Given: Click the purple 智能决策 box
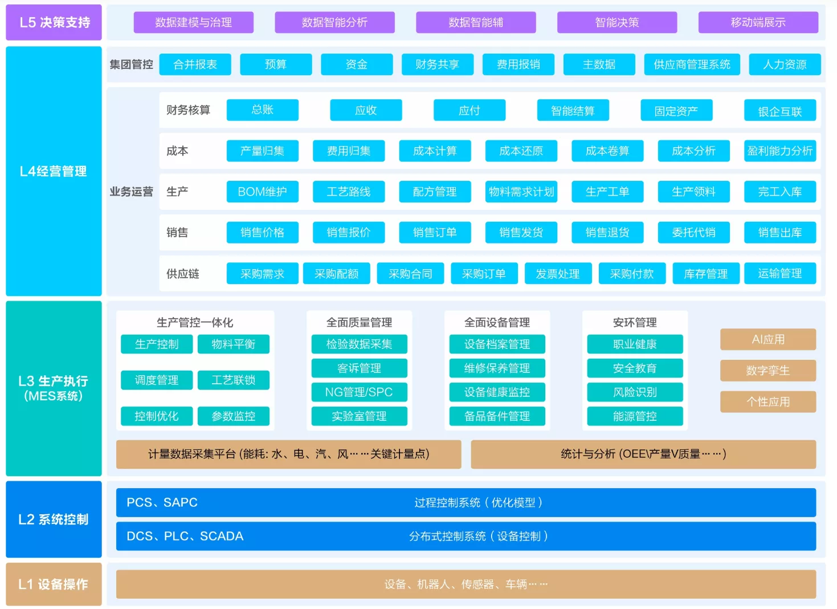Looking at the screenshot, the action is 617,22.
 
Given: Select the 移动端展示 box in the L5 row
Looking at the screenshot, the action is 758,22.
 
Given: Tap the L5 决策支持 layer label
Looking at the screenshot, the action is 54,22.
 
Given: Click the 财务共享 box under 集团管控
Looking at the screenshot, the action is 438,64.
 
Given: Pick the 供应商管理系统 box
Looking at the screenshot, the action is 692,64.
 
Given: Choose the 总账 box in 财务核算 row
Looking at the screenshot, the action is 262,110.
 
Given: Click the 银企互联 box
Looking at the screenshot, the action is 780,110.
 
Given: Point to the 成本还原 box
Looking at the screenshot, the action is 521,151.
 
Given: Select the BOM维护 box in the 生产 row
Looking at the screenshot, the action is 262,192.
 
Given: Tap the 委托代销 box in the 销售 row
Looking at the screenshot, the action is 694,233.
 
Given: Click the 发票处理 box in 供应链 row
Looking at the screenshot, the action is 558,274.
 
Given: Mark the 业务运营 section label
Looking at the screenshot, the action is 131,192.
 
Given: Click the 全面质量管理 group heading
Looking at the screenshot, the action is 359,322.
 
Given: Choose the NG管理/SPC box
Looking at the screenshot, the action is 359,392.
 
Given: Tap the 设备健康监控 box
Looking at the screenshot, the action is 497,392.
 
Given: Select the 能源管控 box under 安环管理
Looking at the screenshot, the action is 635,416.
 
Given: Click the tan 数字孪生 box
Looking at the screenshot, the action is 768,371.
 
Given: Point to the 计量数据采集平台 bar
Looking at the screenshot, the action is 288,454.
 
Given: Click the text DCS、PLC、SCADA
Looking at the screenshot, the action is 185,536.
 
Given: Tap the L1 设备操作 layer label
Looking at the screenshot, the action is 54,584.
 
